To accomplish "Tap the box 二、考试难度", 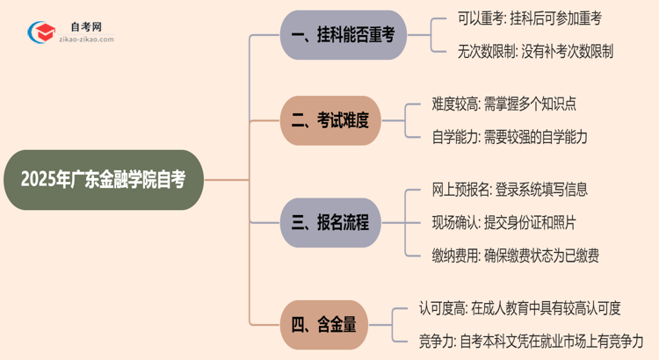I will click(x=331, y=120).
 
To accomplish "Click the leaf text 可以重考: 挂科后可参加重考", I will click(x=518, y=18).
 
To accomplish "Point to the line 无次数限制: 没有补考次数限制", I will click(x=524, y=51).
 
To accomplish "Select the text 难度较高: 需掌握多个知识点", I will click(x=504, y=104).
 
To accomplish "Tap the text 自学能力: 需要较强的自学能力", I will click(x=510, y=137).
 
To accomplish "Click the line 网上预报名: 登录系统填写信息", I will click(x=510, y=190).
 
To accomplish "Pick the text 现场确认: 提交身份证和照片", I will click(x=503, y=222).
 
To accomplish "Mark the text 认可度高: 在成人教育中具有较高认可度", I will click(x=520, y=307).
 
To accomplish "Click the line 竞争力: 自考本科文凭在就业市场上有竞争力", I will click(x=531, y=340).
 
